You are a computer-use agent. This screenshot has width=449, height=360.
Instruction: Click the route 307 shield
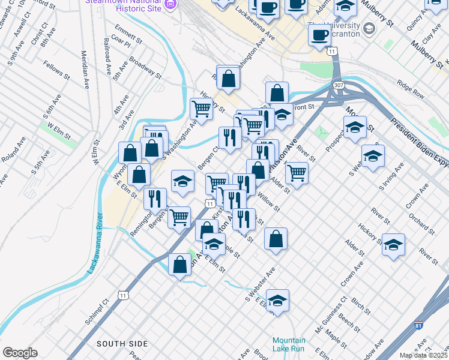339,86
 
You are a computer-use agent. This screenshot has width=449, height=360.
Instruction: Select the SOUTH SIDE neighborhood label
122,344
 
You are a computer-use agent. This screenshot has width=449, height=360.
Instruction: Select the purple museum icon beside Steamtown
170,4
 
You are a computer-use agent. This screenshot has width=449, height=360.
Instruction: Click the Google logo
20,352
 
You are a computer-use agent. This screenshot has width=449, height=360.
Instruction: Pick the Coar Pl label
121,43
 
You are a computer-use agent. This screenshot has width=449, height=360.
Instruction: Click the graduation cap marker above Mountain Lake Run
277,300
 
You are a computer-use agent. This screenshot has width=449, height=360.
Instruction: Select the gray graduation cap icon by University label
369,28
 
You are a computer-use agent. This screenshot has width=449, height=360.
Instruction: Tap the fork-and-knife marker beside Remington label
155,198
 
